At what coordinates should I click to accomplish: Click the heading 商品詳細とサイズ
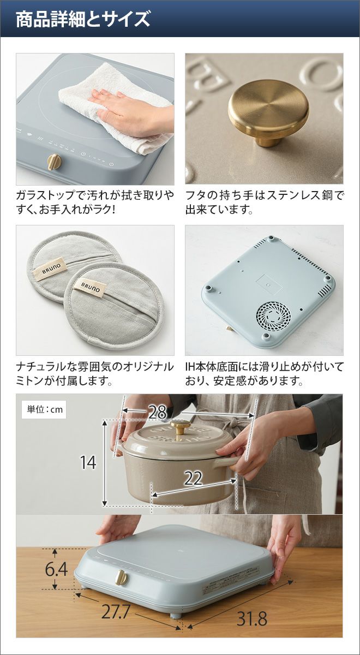[x=83, y=19]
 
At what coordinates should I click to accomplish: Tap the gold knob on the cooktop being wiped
[x=55, y=161]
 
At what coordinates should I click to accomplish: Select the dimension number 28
[x=158, y=412]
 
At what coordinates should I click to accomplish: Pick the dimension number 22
[x=193, y=479]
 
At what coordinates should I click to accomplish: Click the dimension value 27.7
[x=115, y=604]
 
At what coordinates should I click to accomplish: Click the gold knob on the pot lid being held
[x=181, y=427]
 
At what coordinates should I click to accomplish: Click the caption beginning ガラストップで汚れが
[x=95, y=203]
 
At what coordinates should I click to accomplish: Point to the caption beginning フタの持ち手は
[x=265, y=203]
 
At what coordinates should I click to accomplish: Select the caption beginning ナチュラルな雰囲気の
[x=95, y=374]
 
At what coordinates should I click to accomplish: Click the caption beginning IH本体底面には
[x=265, y=374]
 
